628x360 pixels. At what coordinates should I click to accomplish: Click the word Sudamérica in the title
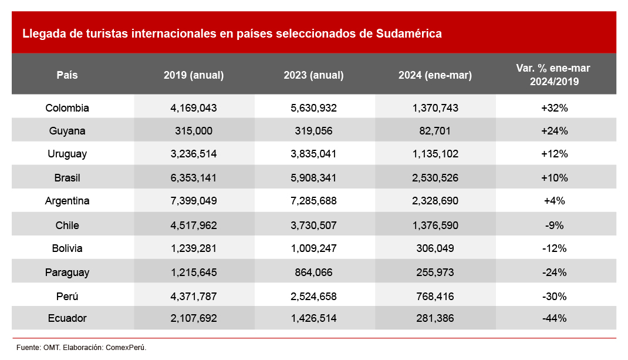coord(408,33)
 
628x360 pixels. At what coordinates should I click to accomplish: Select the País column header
coord(67,75)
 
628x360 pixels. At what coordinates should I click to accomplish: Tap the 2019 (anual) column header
coord(194,75)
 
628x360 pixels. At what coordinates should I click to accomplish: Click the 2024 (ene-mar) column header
coord(435,75)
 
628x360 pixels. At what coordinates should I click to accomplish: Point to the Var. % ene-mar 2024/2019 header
coord(553,75)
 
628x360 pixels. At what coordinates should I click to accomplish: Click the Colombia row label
coord(67,108)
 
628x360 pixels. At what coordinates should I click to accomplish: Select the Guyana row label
coord(67,131)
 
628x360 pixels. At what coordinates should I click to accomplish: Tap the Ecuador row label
coord(67,318)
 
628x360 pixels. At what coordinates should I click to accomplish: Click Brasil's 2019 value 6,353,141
coord(194,177)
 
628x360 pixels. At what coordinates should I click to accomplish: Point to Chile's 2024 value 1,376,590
coord(435,225)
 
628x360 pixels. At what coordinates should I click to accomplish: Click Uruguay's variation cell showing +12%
coord(554,154)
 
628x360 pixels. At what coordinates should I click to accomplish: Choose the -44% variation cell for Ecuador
coord(554,318)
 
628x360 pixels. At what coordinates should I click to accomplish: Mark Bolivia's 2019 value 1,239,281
coord(194,248)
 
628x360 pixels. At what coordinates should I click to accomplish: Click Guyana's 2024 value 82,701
coord(435,131)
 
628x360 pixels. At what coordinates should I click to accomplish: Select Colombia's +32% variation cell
coord(554,108)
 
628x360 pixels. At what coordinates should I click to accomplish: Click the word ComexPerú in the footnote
coord(126,348)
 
